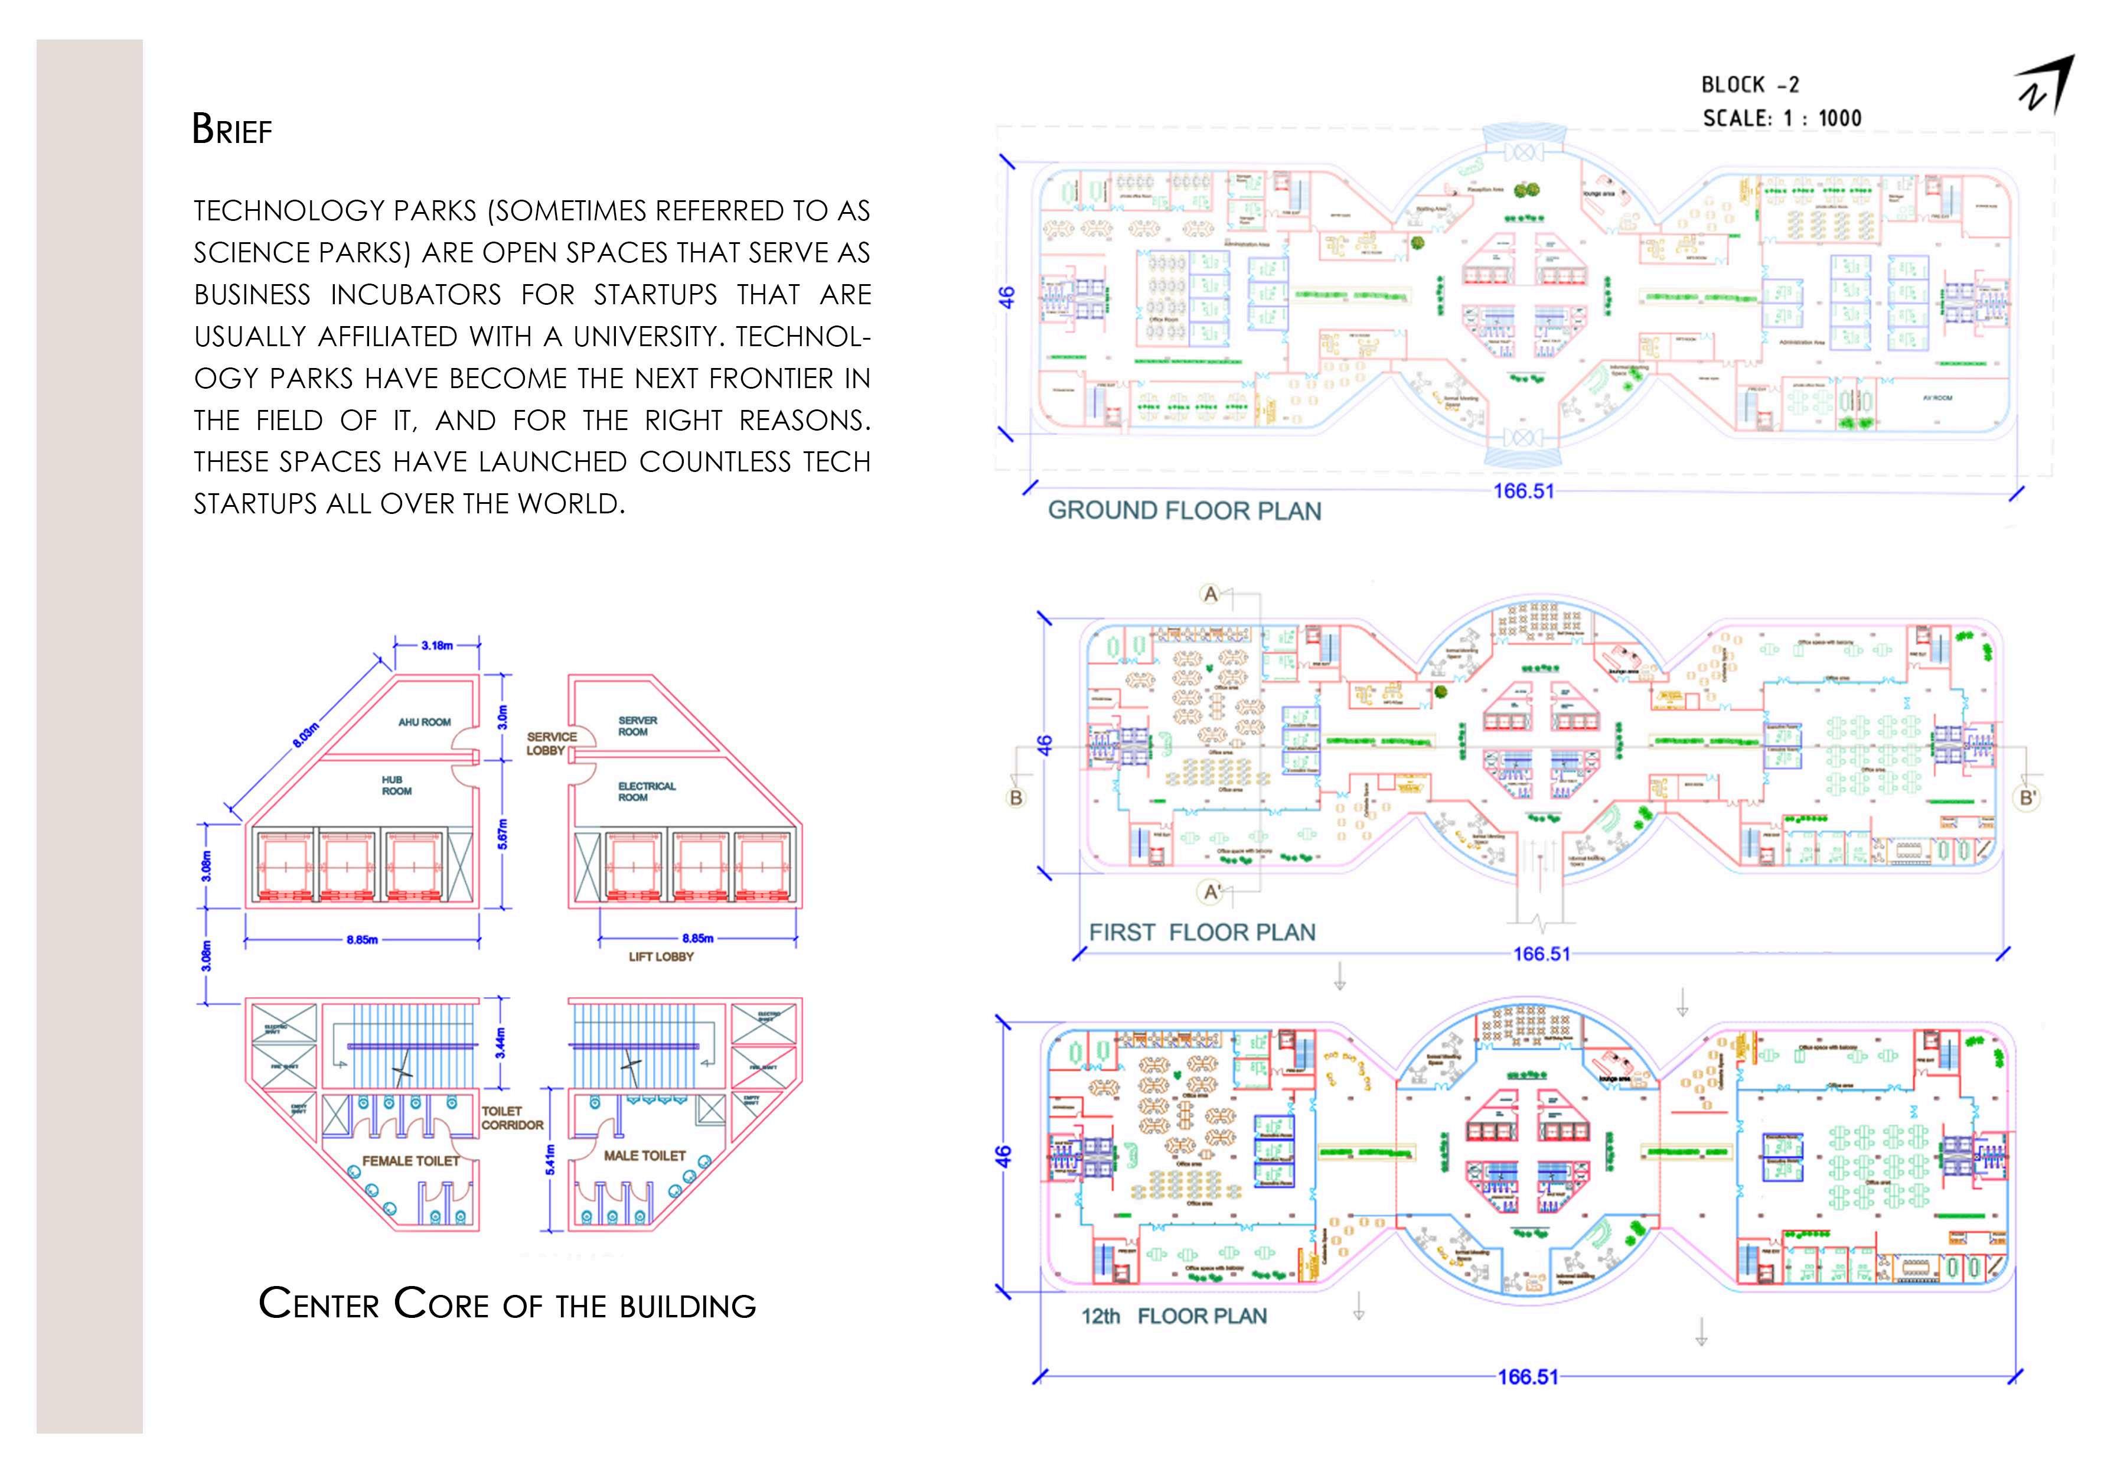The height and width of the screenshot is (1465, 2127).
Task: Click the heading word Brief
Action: (x=231, y=129)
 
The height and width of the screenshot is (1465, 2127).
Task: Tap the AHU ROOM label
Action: (x=424, y=722)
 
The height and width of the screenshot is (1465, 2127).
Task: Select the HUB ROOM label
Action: (x=396, y=786)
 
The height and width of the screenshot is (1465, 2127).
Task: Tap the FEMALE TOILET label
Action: (x=410, y=1161)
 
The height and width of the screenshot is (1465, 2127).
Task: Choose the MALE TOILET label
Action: (x=644, y=1155)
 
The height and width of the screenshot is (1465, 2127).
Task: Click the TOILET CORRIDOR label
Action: (x=512, y=1118)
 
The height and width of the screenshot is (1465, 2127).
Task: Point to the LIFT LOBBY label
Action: (x=661, y=956)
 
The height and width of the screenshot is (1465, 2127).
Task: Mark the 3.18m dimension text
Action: (x=437, y=645)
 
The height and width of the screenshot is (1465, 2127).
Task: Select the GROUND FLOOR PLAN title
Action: (x=1184, y=512)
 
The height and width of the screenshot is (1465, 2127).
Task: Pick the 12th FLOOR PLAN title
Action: (x=1173, y=1316)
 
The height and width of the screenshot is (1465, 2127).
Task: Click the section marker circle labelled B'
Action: (x=2028, y=797)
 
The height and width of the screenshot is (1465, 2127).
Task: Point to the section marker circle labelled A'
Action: (x=1211, y=891)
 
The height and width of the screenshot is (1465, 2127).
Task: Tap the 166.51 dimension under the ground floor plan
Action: (x=1524, y=491)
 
